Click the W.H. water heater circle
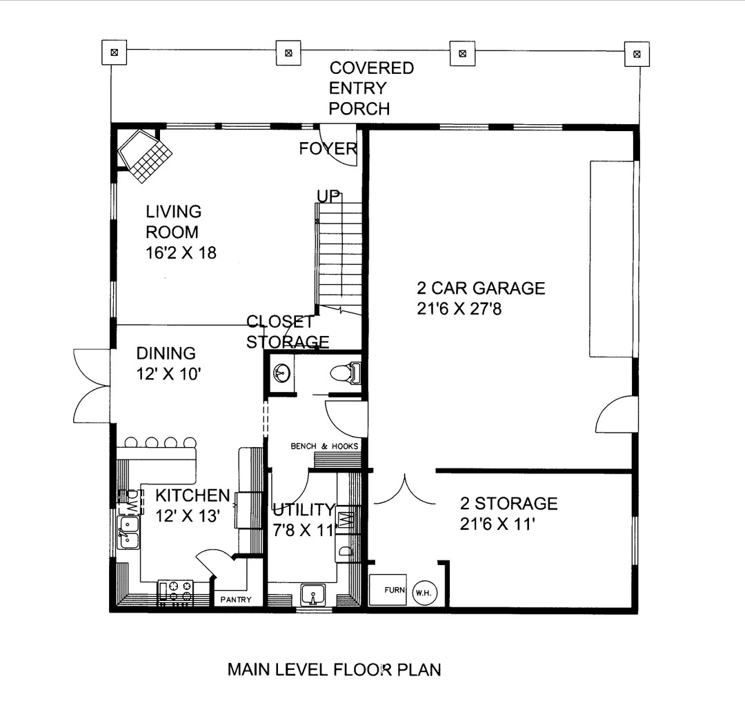click(x=422, y=591)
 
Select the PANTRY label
click(x=236, y=600)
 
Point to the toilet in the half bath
click(x=344, y=373)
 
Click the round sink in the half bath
click(x=281, y=374)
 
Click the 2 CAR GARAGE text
click(x=480, y=288)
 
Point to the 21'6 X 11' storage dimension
click(x=497, y=524)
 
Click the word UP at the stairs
click(x=329, y=196)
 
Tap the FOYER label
click(x=328, y=148)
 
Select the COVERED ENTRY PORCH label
click(x=370, y=88)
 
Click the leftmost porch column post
click(x=115, y=52)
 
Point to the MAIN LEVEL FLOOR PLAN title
click(x=334, y=669)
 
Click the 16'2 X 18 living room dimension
click(x=181, y=253)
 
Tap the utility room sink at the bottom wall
click(x=314, y=594)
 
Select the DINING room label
click(x=166, y=353)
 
